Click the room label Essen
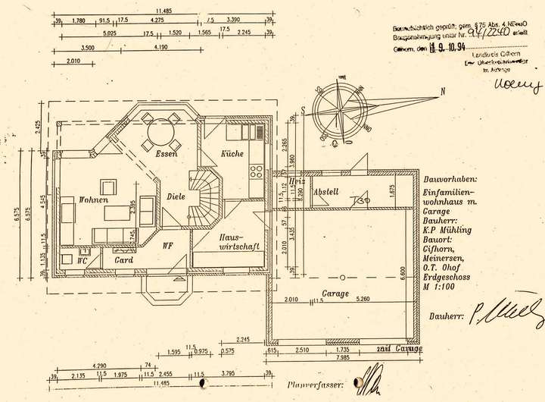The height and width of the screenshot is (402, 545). coord(167,154)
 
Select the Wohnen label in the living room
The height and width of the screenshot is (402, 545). coord(93,199)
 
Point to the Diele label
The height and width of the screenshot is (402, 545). coord(176,197)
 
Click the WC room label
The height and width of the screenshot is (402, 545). coord(83,259)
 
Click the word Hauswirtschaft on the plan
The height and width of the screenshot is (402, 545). coord(239,241)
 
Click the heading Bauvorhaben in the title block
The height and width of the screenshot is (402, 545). coord(450,179)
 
